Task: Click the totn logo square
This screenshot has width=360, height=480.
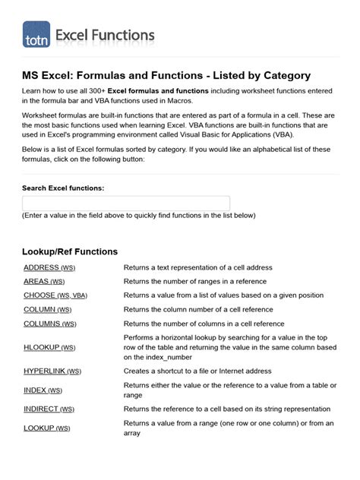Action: point(36,35)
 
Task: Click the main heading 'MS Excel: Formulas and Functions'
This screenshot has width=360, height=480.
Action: point(166,76)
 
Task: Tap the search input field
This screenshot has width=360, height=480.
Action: point(126,204)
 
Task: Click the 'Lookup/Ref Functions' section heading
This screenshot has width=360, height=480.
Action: point(70,251)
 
